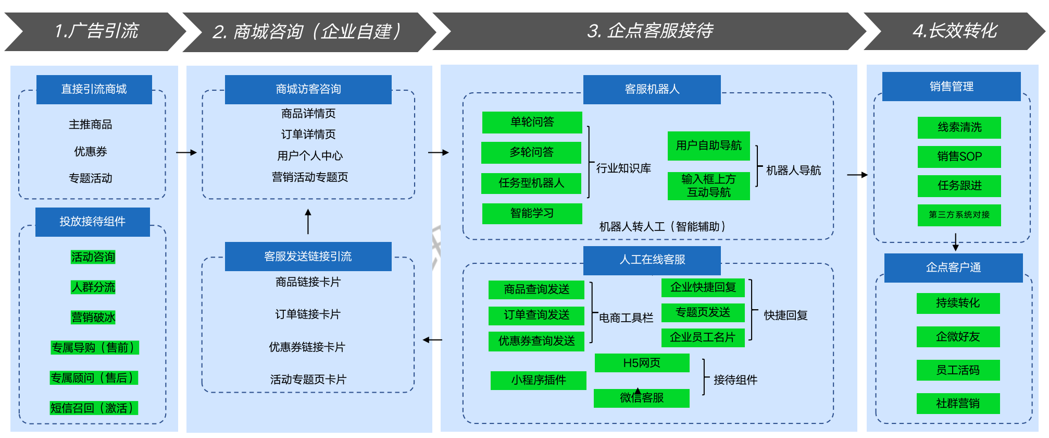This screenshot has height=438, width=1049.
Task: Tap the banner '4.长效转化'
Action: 954,31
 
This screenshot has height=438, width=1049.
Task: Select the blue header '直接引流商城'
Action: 94,89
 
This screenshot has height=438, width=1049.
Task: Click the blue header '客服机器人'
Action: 652,89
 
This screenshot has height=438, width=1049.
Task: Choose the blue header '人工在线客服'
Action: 652,260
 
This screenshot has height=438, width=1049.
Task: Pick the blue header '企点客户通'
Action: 954,267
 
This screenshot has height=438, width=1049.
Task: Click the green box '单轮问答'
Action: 532,122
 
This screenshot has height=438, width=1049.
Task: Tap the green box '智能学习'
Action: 532,213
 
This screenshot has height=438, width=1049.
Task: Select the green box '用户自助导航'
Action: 709,145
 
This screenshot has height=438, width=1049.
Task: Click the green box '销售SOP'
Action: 959,156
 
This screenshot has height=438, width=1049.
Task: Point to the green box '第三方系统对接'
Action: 959,215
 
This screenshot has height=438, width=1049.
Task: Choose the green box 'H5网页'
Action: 642,363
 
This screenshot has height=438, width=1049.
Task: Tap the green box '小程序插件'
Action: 539,380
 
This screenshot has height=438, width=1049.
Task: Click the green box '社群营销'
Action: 958,404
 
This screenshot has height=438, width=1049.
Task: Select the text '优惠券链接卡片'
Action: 307,347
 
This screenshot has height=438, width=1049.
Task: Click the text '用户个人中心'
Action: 310,156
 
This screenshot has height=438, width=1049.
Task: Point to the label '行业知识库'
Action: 623,168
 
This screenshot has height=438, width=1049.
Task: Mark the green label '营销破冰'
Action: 93,317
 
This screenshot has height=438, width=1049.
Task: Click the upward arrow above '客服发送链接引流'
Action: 308,221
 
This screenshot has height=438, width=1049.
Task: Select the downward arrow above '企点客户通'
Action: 955,241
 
